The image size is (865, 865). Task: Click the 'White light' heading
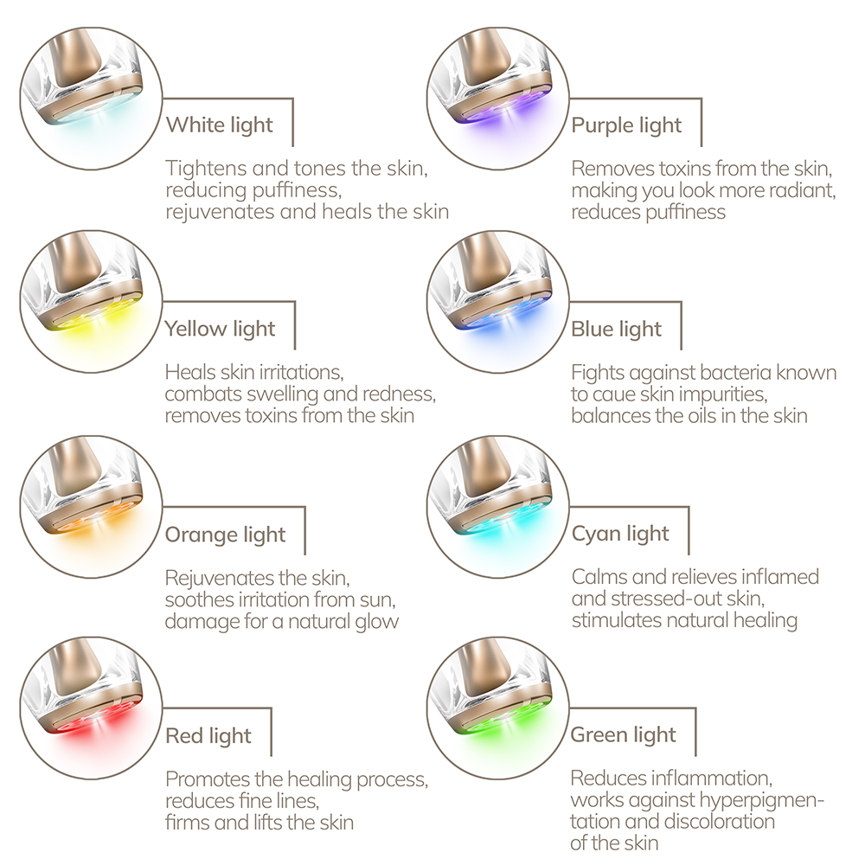pyautogui.click(x=220, y=125)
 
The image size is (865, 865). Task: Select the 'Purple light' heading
pyautogui.click(x=626, y=125)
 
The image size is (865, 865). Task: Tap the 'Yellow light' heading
pyautogui.click(x=220, y=329)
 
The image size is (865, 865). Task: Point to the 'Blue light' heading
pyautogui.click(x=616, y=330)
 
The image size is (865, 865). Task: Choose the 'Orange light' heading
pyautogui.click(x=225, y=535)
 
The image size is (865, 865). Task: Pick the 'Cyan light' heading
pyautogui.click(x=620, y=534)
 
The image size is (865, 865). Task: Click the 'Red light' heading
pyautogui.click(x=208, y=736)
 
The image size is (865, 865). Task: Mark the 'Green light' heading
pyautogui.click(x=624, y=734)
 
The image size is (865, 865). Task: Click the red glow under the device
pyautogui.click(x=93, y=729)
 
